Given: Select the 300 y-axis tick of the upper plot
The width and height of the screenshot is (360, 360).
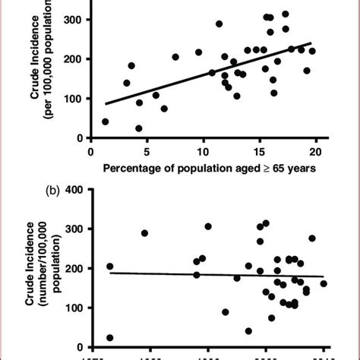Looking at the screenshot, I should tap(74, 19).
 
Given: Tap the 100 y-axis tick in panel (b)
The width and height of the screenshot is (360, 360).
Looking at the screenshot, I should tap(74, 308).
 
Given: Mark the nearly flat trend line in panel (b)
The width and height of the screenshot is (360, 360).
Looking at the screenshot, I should tap(213, 274).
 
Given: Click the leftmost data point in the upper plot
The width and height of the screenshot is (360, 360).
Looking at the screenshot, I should tap(105, 122).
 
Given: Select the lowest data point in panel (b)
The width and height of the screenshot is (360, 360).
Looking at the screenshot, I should tap(110, 338).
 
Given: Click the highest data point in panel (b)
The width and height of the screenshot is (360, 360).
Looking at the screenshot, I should tap(266, 223).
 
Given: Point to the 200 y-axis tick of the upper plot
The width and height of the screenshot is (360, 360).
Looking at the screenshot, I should tap(74, 58).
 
